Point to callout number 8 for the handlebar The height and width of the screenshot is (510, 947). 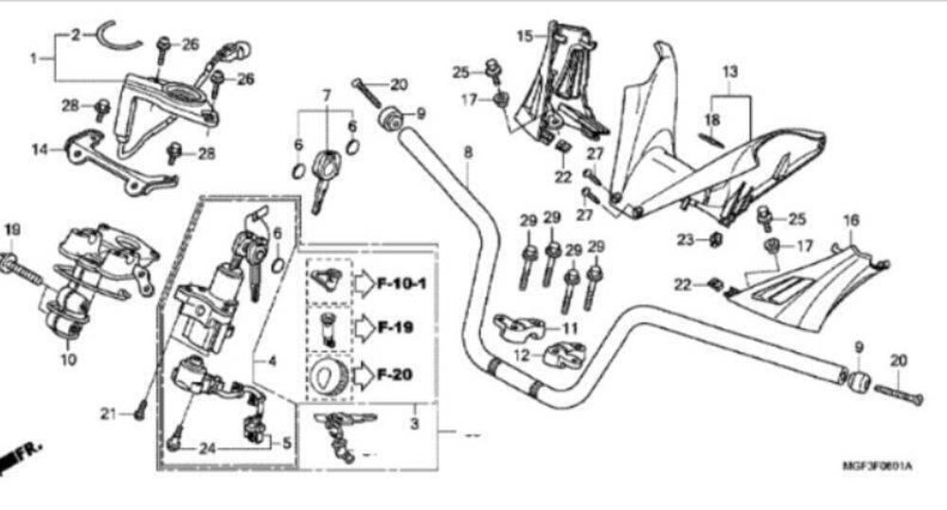tap(467, 151)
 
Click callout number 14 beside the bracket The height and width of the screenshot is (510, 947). tap(39, 149)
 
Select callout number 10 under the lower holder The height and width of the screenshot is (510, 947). tap(67, 360)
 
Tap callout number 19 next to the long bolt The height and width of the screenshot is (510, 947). tap(11, 230)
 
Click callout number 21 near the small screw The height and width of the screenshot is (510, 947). tap(111, 413)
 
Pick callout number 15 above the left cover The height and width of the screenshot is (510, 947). tap(525, 36)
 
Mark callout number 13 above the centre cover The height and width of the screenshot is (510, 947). tap(729, 72)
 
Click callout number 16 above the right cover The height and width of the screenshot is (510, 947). tap(851, 220)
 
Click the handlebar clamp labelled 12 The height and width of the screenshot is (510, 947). tap(563, 358)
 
